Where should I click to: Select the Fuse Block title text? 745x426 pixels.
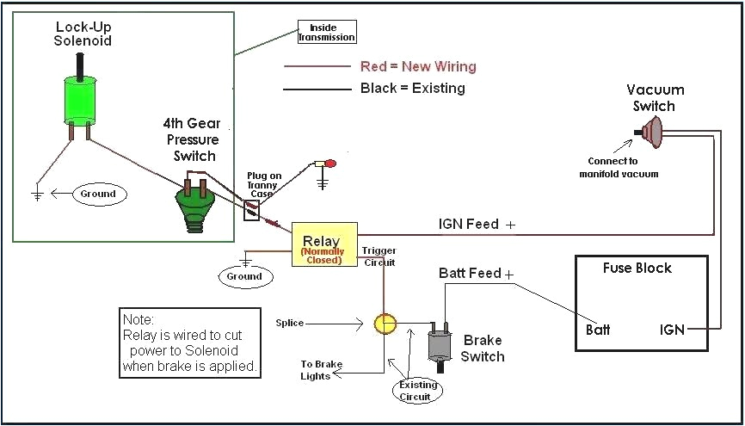(x=636, y=268)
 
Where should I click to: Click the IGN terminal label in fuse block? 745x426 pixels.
(x=672, y=330)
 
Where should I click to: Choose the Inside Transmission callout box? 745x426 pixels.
(x=326, y=33)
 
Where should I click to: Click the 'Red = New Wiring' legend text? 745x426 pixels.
(x=417, y=66)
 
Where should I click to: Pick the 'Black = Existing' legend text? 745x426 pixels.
(x=412, y=88)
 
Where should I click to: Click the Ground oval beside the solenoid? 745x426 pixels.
(x=98, y=194)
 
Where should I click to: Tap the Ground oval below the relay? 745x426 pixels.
(x=244, y=276)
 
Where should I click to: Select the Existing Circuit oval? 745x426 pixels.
(x=418, y=391)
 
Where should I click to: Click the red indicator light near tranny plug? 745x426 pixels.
(x=330, y=163)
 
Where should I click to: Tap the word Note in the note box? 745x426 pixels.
(x=138, y=318)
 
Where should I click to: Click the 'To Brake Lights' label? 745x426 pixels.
(x=321, y=370)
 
